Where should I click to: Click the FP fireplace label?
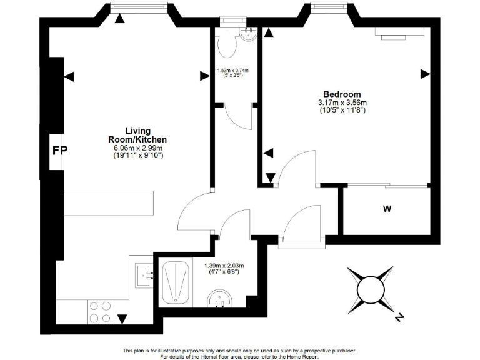click(60, 151)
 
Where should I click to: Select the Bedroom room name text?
click(342, 94)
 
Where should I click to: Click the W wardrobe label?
click(387, 209)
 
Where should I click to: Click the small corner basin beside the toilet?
click(249, 33)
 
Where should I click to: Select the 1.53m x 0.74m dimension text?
click(232, 70)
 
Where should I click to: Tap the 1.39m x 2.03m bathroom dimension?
click(224, 266)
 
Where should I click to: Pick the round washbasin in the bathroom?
click(218, 301)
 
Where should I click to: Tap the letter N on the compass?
click(399, 318)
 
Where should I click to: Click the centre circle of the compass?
click(370, 289)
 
